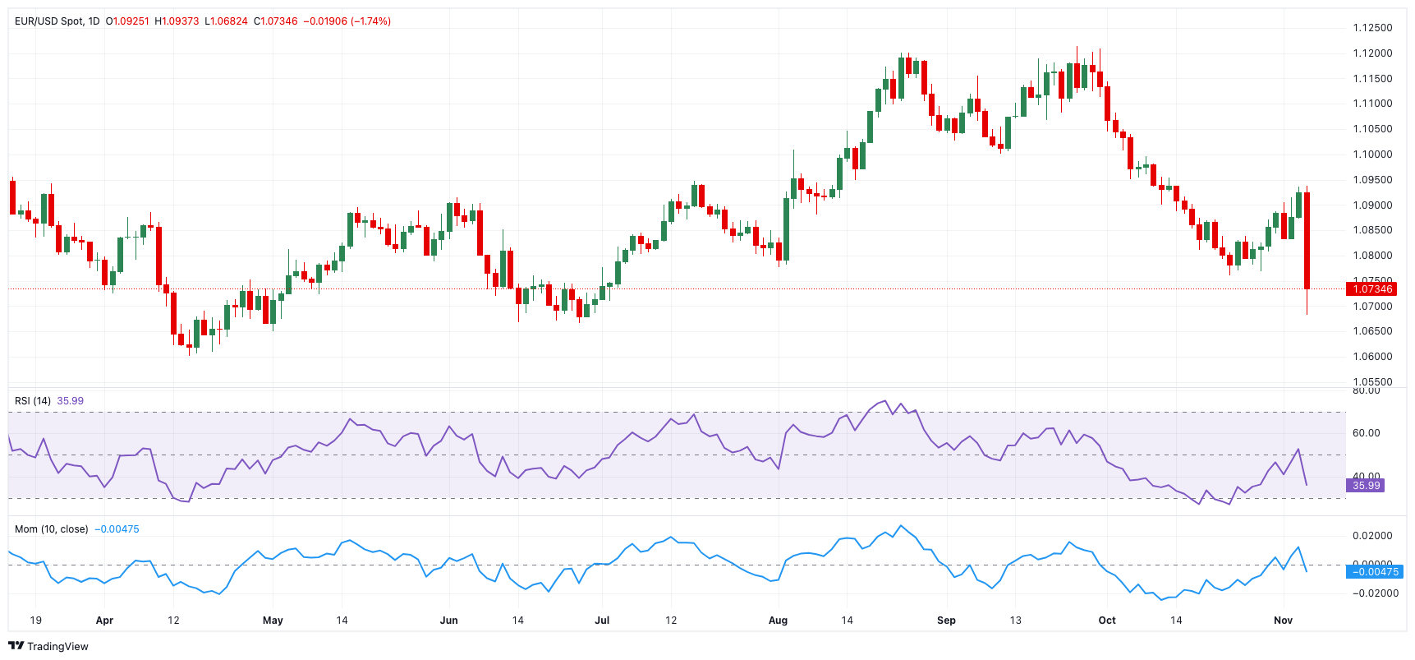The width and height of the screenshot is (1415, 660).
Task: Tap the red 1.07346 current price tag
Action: click(1371, 288)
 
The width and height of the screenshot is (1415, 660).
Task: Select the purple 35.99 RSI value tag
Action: click(1366, 486)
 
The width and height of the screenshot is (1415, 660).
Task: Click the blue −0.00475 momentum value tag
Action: click(1374, 572)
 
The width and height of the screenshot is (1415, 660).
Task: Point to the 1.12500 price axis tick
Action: click(1372, 28)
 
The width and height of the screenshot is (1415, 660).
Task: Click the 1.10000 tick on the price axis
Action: click(1372, 155)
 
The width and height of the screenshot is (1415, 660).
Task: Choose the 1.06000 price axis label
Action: click(1372, 357)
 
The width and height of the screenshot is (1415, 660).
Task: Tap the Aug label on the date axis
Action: click(778, 621)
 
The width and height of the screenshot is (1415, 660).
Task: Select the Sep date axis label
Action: click(946, 621)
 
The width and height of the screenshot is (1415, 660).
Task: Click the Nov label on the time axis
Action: click(1283, 621)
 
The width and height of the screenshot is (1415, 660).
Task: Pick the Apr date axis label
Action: click(104, 621)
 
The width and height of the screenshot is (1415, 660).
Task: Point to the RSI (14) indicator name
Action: click(33, 401)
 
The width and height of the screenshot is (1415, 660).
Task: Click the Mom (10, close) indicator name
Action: click(51, 529)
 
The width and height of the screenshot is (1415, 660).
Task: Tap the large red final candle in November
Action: click(1307, 240)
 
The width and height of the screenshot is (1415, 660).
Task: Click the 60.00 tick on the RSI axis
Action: click(1366, 433)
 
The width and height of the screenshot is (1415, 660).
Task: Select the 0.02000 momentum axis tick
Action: click(1372, 536)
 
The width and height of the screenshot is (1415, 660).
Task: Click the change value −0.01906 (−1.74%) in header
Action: click(347, 21)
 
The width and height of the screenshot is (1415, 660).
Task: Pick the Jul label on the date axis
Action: click(602, 621)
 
